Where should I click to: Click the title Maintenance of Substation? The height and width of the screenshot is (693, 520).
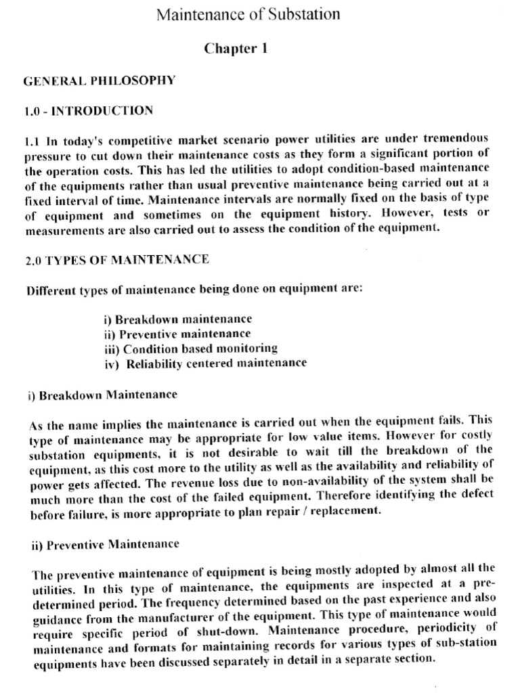click(248, 14)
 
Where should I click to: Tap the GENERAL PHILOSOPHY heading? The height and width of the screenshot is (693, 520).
click(100, 81)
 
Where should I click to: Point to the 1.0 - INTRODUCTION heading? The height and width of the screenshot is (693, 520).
click(88, 110)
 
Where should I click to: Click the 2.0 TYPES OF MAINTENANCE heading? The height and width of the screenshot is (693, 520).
click(117, 259)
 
